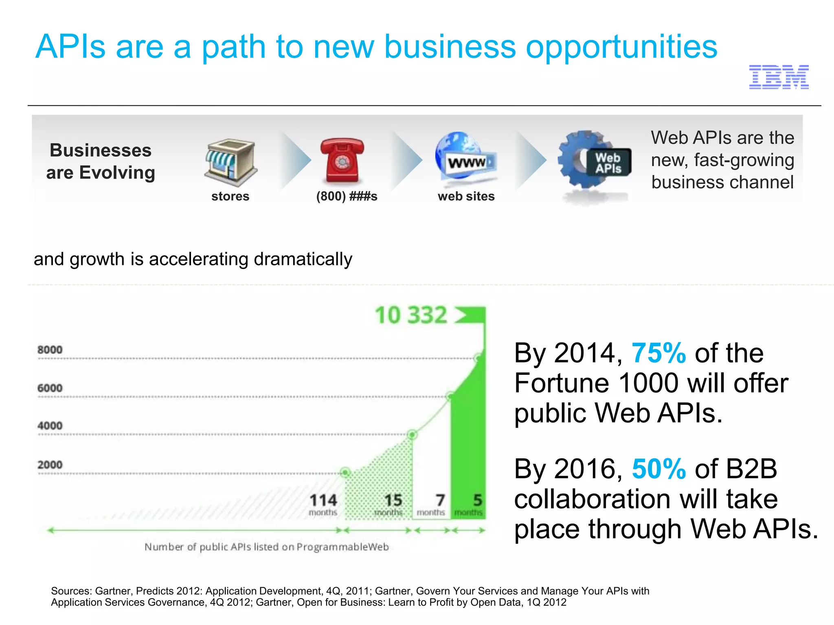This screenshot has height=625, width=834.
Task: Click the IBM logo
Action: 779,77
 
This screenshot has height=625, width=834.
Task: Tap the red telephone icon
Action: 342,160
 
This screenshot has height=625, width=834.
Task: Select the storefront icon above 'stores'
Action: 230,163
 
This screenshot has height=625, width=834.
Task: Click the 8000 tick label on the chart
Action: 50,350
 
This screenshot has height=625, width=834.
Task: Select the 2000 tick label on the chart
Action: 50,465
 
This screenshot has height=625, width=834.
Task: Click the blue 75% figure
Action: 658,353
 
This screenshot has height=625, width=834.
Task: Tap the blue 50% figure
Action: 658,469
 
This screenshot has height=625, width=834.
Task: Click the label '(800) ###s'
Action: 347,196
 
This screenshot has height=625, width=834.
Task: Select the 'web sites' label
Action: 466,196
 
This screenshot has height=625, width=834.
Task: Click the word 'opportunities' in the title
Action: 621,48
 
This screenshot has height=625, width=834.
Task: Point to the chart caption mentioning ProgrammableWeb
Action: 266,547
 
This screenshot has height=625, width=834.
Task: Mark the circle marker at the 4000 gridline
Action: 412,435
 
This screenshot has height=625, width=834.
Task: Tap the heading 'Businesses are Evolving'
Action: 101,161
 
